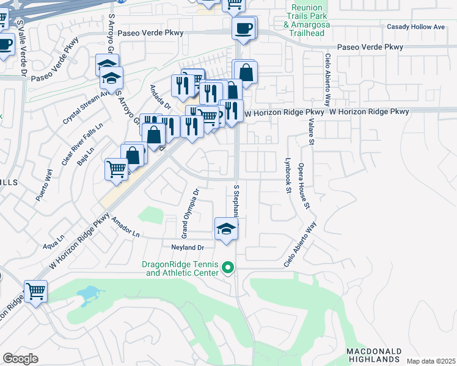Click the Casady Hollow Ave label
tap(415, 27)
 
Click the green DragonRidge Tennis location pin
tap(228, 267)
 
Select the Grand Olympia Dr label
tap(190, 213)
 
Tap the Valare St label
tap(311, 132)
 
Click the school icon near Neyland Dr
tap(226, 229)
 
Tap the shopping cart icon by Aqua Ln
tap(35, 291)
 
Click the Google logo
tap(20, 359)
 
